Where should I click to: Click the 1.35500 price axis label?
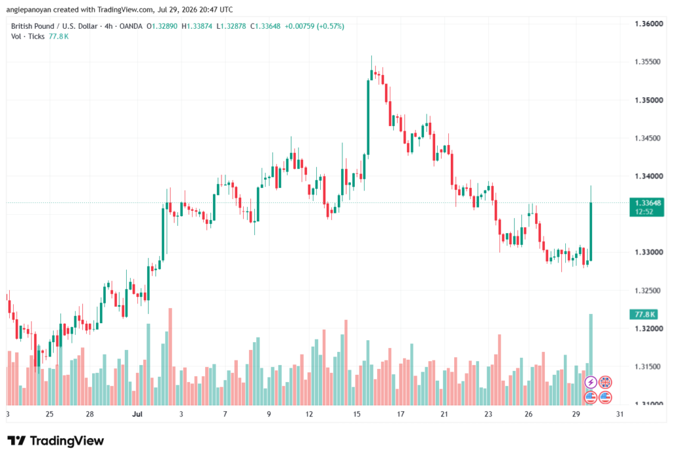tap(648, 62)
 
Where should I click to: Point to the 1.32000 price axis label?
tap(649, 328)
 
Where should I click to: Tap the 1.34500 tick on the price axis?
tap(648, 138)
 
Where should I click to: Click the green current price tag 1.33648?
tap(647, 207)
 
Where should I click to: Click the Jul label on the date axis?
tap(137, 414)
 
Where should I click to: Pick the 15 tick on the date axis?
tap(357, 414)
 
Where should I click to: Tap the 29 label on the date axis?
tap(576, 414)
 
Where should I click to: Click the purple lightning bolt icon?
tap(591, 382)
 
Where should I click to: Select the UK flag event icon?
tap(605, 382)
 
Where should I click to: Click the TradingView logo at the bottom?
tap(56, 441)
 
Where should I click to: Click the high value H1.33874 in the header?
tap(197, 26)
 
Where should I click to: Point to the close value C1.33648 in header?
tap(266, 26)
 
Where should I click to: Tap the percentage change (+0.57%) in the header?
tap(331, 26)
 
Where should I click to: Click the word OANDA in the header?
tap(131, 26)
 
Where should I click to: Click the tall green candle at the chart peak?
tap(368, 117)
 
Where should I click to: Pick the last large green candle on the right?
tap(591, 231)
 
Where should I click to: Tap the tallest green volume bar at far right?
tap(591, 359)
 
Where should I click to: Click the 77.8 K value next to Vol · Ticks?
tap(58, 37)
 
